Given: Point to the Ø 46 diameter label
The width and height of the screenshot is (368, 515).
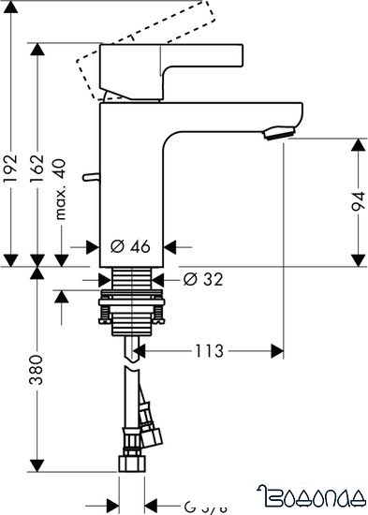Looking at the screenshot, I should pos(131,247).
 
